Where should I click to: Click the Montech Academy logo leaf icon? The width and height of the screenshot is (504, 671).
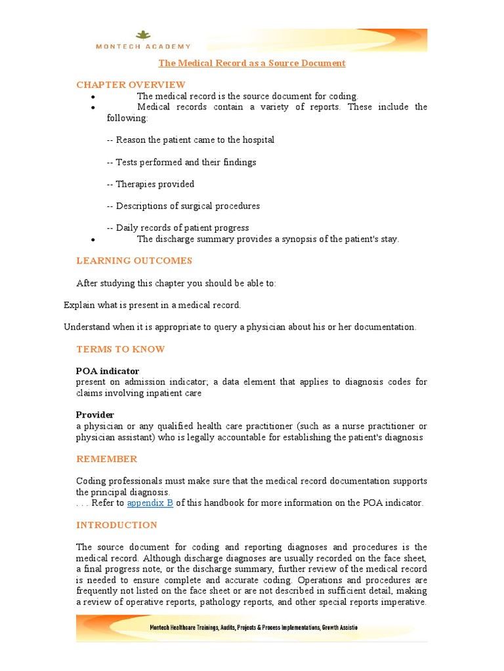142,35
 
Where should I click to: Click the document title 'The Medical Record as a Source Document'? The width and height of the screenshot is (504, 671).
252,63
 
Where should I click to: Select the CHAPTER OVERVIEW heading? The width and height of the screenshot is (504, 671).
131,85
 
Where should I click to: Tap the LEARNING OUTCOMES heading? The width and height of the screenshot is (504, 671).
134,261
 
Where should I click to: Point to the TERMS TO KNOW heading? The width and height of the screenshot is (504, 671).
121,349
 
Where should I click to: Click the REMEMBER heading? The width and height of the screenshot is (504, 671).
106,459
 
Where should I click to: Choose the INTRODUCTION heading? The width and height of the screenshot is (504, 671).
117,525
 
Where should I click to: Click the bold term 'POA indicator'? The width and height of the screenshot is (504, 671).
108,371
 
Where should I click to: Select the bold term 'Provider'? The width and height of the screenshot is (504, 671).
95,415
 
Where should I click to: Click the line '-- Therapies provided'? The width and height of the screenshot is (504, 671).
150,184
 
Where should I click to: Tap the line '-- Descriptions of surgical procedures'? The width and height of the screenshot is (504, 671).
183,206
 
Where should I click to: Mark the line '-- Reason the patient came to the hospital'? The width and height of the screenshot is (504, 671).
190,140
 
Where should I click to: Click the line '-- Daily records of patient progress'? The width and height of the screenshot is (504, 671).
178,228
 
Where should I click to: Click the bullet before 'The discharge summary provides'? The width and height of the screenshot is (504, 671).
94,240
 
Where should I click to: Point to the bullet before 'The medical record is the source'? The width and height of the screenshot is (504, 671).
94,97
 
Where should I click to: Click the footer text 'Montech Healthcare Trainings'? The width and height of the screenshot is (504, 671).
190,627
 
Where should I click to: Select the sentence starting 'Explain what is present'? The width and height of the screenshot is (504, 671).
152,305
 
